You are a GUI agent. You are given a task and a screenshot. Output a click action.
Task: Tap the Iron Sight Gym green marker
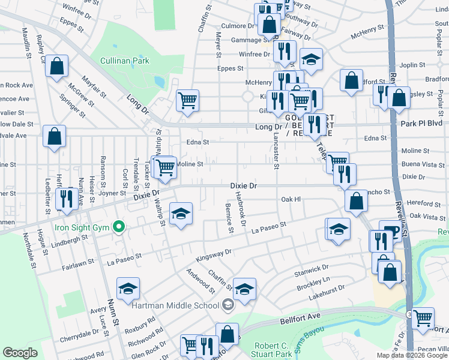[x=119, y=227]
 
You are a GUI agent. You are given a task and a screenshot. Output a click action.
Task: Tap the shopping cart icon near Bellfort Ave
[x=423, y=317]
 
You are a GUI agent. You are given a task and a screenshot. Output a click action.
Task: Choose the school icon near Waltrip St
[x=180, y=214]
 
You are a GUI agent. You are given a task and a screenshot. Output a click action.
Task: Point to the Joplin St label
[x=412, y=65]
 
